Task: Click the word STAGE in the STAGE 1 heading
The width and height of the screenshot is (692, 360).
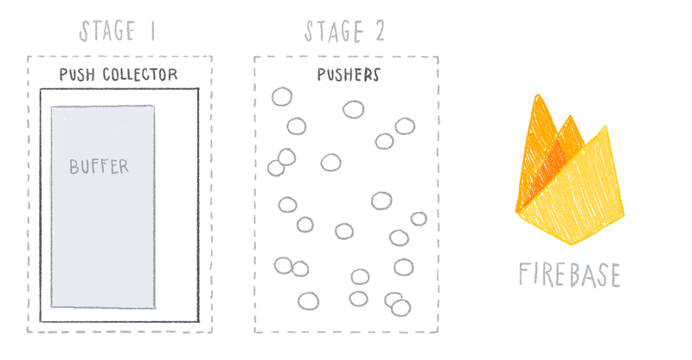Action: click(x=107, y=33)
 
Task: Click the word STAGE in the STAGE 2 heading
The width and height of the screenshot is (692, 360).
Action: click(x=334, y=33)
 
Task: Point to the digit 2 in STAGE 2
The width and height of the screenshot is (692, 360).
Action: click(x=377, y=33)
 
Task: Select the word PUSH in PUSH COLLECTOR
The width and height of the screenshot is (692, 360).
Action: click(x=75, y=75)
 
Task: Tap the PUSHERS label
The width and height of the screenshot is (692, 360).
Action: click(x=347, y=75)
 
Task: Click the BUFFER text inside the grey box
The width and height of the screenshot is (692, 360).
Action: click(x=99, y=167)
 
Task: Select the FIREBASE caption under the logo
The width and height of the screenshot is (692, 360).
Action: click(x=569, y=274)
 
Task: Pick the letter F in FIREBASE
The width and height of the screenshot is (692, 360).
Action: click(x=525, y=274)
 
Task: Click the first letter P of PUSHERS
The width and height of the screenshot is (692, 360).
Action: click(x=318, y=75)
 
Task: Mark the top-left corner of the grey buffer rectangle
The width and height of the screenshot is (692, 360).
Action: click(x=51, y=106)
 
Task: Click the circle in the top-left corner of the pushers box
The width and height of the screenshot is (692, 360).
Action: click(x=281, y=96)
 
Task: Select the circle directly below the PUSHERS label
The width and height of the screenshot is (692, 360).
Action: click(x=353, y=110)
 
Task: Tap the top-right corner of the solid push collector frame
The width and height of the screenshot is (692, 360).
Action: click(x=198, y=88)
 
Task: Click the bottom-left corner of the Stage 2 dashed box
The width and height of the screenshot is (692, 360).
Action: click(x=255, y=332)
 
